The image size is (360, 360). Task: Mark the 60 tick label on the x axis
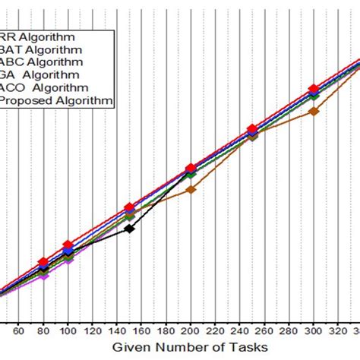(x=19, y=330)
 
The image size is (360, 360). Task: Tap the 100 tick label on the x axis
(x=68, y=330)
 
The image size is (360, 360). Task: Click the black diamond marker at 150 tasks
(x=130, y=228)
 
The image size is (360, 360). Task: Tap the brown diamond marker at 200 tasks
(x=191, y=189)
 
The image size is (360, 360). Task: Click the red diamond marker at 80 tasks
(x=43, y=262)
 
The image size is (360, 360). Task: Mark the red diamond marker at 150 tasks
(x=130, y=207)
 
